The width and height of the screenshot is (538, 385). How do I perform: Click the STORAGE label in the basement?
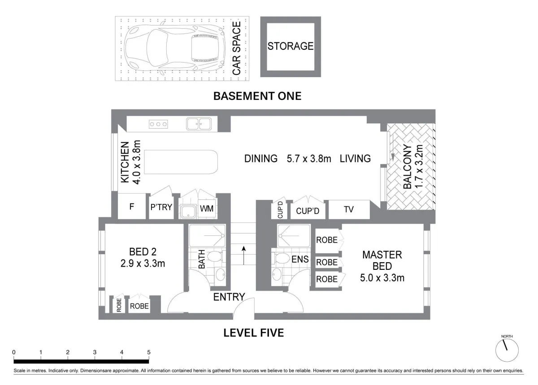click(x=291, y=46)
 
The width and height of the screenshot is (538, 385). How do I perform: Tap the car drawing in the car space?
click(x=175, y=48)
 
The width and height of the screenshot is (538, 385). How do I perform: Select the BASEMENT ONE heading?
click(x=257, y=96)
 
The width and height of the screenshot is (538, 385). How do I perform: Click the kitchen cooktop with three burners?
click(x=158, y=124)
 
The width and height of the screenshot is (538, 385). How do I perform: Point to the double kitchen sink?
click(x=199, y=124)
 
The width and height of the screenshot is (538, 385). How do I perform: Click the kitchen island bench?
click(x=181, y=162)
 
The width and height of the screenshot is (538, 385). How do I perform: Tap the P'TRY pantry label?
click(x=161, y=207)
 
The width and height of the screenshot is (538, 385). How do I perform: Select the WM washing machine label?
click(x=207, y=209)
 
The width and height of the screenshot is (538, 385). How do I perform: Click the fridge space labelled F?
click(x=132, y=207)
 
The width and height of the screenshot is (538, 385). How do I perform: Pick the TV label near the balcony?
click(x=349, y=209)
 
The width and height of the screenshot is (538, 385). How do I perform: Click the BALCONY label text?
click(x=407, y=167)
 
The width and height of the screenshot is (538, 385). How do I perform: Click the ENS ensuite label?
click(x=300, y=259)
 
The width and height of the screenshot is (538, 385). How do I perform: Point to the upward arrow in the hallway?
click(x=244, y=255)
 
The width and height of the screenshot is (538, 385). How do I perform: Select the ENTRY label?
click(x=229, y=297)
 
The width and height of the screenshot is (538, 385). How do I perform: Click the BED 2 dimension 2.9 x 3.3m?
click(x=143, y=264)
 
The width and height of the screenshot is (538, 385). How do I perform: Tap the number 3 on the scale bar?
click(x=95, y=352)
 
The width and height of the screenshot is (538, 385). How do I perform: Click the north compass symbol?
click(x=507, y=350)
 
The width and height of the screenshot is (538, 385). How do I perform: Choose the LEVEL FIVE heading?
click(x=254, y=333)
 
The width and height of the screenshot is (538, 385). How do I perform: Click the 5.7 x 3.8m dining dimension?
click(x=309, y=159)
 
